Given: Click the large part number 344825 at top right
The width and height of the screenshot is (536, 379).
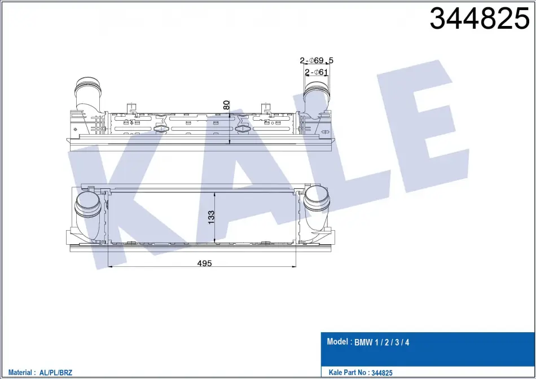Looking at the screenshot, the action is click(x=479, y=19).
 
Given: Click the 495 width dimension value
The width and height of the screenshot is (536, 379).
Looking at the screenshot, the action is click(x=204, y=263).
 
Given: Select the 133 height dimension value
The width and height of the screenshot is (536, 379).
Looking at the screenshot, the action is click(x=211, y=217).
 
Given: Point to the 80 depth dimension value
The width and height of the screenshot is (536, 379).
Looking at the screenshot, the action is click(x=226, y=105).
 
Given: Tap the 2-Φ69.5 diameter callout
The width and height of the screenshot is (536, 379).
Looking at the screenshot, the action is click(x=317, y=61).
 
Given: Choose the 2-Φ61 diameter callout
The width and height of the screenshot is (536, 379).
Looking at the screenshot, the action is click(x=316, y=72).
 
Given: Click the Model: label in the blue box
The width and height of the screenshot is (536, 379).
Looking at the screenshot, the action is click(x=339, y=341).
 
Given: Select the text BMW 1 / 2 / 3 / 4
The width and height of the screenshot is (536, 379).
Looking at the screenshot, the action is click(x=381, y=342).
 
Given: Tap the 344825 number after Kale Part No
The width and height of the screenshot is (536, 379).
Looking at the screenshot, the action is click(x=381, y=373).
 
